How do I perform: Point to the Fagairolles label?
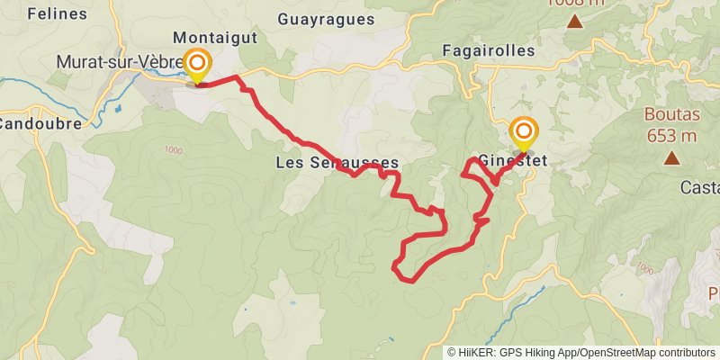489,50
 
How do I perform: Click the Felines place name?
57,13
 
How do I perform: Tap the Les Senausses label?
336,163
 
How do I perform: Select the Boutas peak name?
670,115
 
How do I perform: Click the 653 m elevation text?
670,136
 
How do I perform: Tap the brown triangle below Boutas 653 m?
671,158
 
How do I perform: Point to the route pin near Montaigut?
197,64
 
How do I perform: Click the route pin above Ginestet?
523,132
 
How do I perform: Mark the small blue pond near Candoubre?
118,109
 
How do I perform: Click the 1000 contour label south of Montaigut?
173,149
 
